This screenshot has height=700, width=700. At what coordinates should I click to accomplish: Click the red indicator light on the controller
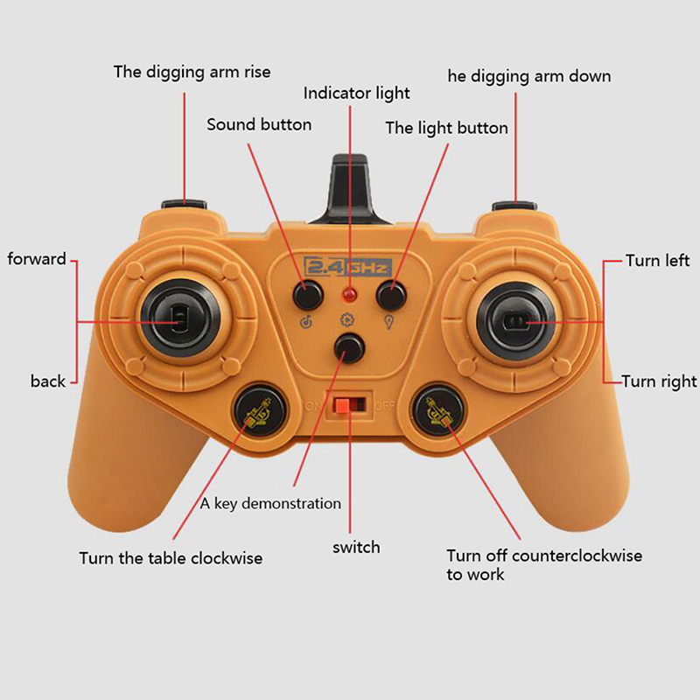(349, 295)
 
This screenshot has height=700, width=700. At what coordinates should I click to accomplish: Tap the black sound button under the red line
(308, 295)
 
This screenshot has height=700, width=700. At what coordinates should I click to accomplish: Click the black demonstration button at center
(349, 348)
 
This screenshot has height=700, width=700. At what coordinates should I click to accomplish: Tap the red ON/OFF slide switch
(342, 405)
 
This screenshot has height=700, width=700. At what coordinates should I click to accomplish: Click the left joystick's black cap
(180, 319)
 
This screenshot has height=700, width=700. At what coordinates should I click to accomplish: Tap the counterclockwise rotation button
(437, 413)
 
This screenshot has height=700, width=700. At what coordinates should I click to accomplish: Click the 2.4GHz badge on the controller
(347, 268)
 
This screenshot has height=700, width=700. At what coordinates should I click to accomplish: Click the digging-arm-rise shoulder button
(184, 205)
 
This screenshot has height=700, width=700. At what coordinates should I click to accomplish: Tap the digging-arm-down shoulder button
(514, 206)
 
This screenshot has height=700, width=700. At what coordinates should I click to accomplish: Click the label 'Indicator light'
(356, 94)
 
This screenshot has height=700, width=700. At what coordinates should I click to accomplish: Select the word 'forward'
(37, 259)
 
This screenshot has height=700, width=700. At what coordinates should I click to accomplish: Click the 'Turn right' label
(659, 381)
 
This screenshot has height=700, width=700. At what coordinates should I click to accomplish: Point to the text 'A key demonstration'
(270, 504)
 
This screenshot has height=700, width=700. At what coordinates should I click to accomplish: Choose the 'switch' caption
(356, 548)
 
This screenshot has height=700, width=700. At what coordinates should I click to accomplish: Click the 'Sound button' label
(259, 124)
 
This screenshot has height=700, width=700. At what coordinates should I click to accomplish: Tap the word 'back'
(48, 381)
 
